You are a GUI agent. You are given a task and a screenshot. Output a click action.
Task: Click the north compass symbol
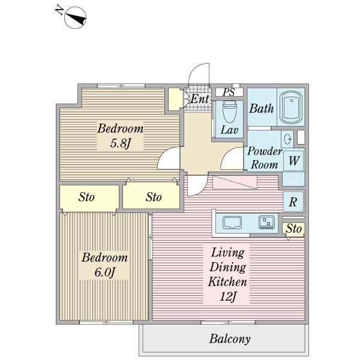tap(76, 17)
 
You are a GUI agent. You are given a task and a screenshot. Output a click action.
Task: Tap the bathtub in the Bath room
tap(292, 107)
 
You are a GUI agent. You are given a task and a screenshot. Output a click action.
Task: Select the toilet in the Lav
tap(229, 112)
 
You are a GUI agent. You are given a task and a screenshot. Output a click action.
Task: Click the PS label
tap(229, 92)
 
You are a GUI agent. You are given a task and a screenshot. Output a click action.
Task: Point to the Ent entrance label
tap(200, 99)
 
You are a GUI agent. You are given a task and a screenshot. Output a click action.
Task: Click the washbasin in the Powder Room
tap(287, 139)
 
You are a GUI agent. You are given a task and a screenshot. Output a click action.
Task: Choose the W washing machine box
tap(293, 161)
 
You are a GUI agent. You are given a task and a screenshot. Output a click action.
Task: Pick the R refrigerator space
tap(293, 202)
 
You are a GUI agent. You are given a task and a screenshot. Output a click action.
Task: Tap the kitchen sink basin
tap(232, 223)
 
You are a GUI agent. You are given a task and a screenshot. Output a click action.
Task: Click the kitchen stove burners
tap(266, 222)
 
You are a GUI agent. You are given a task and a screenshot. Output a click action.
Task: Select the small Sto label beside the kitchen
tap(293, 229)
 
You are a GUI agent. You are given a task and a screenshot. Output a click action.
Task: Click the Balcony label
tap(230, 339)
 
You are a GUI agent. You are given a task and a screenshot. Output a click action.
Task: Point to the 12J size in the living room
tap(228, 296)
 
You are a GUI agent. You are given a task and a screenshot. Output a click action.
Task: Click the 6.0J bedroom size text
tap(104, 272)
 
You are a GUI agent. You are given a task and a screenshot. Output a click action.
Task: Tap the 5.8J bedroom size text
tap(121, 143)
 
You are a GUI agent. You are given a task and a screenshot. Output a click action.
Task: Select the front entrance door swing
tap(199, 74)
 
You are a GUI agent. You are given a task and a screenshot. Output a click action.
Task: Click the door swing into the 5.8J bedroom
tap(169, 158)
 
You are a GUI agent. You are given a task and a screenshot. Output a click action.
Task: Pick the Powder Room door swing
tap(232, 158)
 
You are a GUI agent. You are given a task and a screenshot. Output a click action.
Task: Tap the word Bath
tap(262, 109)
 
